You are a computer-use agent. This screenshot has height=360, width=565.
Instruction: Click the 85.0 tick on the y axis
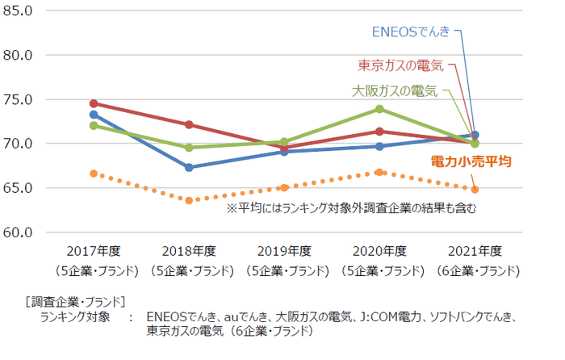(17, 12)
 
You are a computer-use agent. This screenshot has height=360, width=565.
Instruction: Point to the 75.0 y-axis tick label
(17, 100)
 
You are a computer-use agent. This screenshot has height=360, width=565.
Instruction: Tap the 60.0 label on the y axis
(17, 232)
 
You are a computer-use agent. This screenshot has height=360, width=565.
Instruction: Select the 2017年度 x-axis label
(94, 251)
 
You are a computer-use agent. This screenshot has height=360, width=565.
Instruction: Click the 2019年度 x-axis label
(283, 251)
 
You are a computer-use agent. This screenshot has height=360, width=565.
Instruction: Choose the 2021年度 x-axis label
(475, 251)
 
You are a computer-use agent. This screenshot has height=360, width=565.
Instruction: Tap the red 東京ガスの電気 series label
(399, 65)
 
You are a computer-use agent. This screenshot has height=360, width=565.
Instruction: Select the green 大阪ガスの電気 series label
(395, 90)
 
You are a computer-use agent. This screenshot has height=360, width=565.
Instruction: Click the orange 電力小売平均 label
(471, 161)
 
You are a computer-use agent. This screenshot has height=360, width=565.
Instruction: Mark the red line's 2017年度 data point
(94, 103)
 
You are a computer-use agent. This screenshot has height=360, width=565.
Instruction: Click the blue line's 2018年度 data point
(189, 167)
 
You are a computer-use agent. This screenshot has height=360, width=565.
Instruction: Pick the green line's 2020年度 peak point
(379, 109)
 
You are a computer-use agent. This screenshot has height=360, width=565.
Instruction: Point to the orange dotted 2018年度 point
(189, 200)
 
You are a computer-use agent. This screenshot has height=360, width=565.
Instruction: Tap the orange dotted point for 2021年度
(475, 189)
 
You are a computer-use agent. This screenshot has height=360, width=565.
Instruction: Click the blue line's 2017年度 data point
(94, 115)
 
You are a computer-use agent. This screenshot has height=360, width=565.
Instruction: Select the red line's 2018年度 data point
(189, 124)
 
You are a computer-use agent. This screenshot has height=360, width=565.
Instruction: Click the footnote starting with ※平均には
(351, 208)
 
